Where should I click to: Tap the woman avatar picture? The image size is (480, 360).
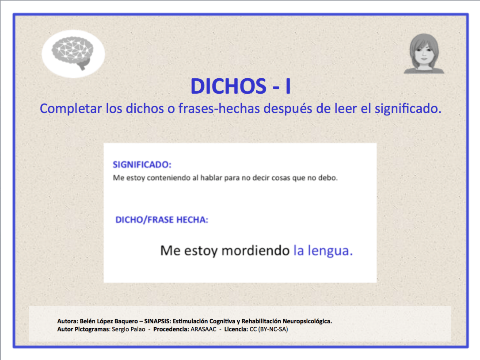[x=424, y=54]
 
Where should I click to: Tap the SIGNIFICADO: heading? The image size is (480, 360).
[x=142, y=165]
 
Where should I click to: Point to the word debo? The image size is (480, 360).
[x=329, y=179]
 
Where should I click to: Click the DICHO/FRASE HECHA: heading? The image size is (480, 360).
[x=162, y=220]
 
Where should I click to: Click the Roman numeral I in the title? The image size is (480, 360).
[x=288, y=87]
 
